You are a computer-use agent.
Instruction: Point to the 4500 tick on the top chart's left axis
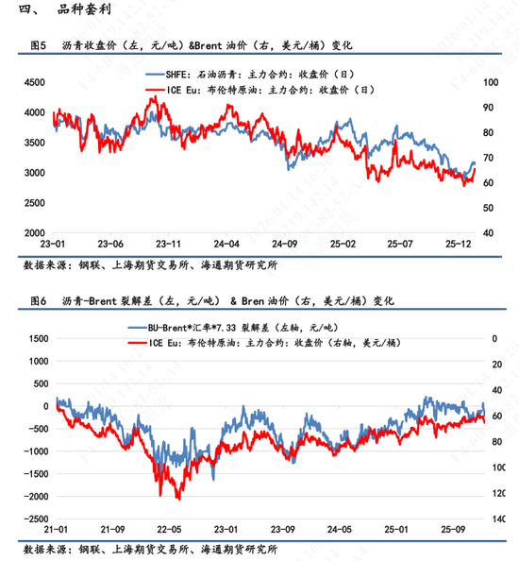coord(34,83)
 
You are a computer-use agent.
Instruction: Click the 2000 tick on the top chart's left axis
coord(34,232)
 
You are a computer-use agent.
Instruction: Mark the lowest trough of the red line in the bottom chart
coord(177,498)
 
